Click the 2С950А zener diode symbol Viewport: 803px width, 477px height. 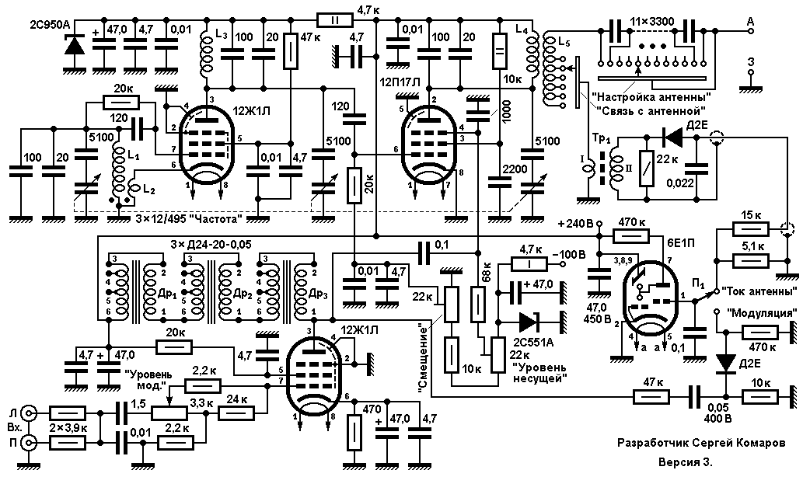(75, 45)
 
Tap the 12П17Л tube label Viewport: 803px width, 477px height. (401, 82)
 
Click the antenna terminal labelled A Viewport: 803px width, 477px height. (751, 30)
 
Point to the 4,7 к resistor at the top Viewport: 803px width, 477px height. (335, 20)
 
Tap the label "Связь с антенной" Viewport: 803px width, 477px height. (650, 110)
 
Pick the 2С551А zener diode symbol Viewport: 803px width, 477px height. (530, 322)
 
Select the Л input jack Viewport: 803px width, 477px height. (29, 413)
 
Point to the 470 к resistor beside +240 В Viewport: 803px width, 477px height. (631, 236)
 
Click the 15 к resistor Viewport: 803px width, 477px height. (750, 228)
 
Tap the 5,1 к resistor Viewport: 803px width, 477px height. (750, 261)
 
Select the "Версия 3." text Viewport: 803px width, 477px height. (685, 462)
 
